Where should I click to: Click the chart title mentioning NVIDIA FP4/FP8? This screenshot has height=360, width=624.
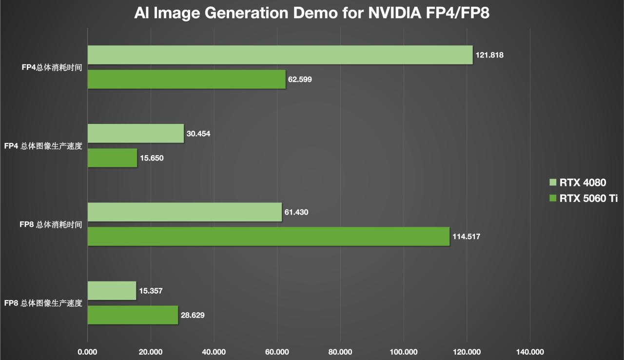[x=312, y=14]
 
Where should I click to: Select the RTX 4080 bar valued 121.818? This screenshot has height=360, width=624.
[x=280, y=55]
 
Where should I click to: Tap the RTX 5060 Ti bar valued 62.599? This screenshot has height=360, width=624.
[x=186, y=79]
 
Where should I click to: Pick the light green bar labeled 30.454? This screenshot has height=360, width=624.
[x=136, y=133]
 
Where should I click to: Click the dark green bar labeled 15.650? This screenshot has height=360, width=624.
[x=112, y=158]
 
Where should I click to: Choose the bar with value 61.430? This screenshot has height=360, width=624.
[x=185, y=212]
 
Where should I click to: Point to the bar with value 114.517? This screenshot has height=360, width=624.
[x=269, y=237]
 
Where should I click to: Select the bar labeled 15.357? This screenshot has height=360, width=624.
[x=112, y=291]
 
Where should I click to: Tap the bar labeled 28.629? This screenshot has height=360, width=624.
[x=133, y=315]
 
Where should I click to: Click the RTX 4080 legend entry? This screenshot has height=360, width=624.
[x=577, y=183]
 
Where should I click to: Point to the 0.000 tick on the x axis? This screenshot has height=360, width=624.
[x=88, y=352]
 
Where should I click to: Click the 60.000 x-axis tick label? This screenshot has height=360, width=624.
[x=277, y=352]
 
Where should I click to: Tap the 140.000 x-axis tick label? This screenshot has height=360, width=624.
[x=530, y=352]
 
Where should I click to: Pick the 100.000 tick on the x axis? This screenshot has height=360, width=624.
[x=404, y=352]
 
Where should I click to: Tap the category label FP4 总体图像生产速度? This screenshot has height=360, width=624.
[x=43, y=145]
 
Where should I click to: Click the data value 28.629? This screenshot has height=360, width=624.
[x=192, y=316]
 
